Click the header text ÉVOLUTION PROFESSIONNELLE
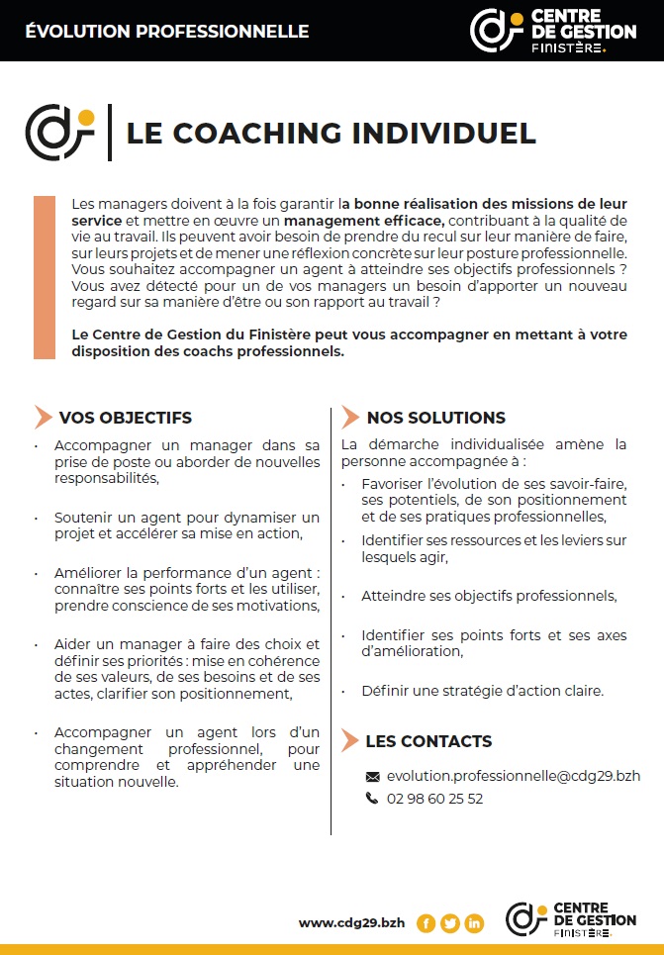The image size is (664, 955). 166,32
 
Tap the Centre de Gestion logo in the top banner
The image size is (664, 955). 553,30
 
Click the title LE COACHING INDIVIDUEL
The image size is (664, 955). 331,133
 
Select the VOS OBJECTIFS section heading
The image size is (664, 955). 125,418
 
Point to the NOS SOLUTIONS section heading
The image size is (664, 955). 435,418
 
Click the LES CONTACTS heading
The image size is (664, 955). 428,740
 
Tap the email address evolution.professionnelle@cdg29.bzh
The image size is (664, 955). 514,777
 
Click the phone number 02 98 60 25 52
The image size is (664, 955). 434,799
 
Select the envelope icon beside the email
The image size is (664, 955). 373,777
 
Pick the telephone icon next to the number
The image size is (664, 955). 373,799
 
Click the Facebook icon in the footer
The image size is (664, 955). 427,923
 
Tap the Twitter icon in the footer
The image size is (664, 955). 450,923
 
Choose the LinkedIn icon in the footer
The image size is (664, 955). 474,923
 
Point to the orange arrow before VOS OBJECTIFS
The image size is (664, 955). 43,418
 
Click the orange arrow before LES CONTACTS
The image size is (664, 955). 349,740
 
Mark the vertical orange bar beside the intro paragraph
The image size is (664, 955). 44,277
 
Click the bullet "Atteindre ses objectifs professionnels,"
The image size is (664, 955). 489,596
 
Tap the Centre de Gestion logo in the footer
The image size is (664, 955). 570,919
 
